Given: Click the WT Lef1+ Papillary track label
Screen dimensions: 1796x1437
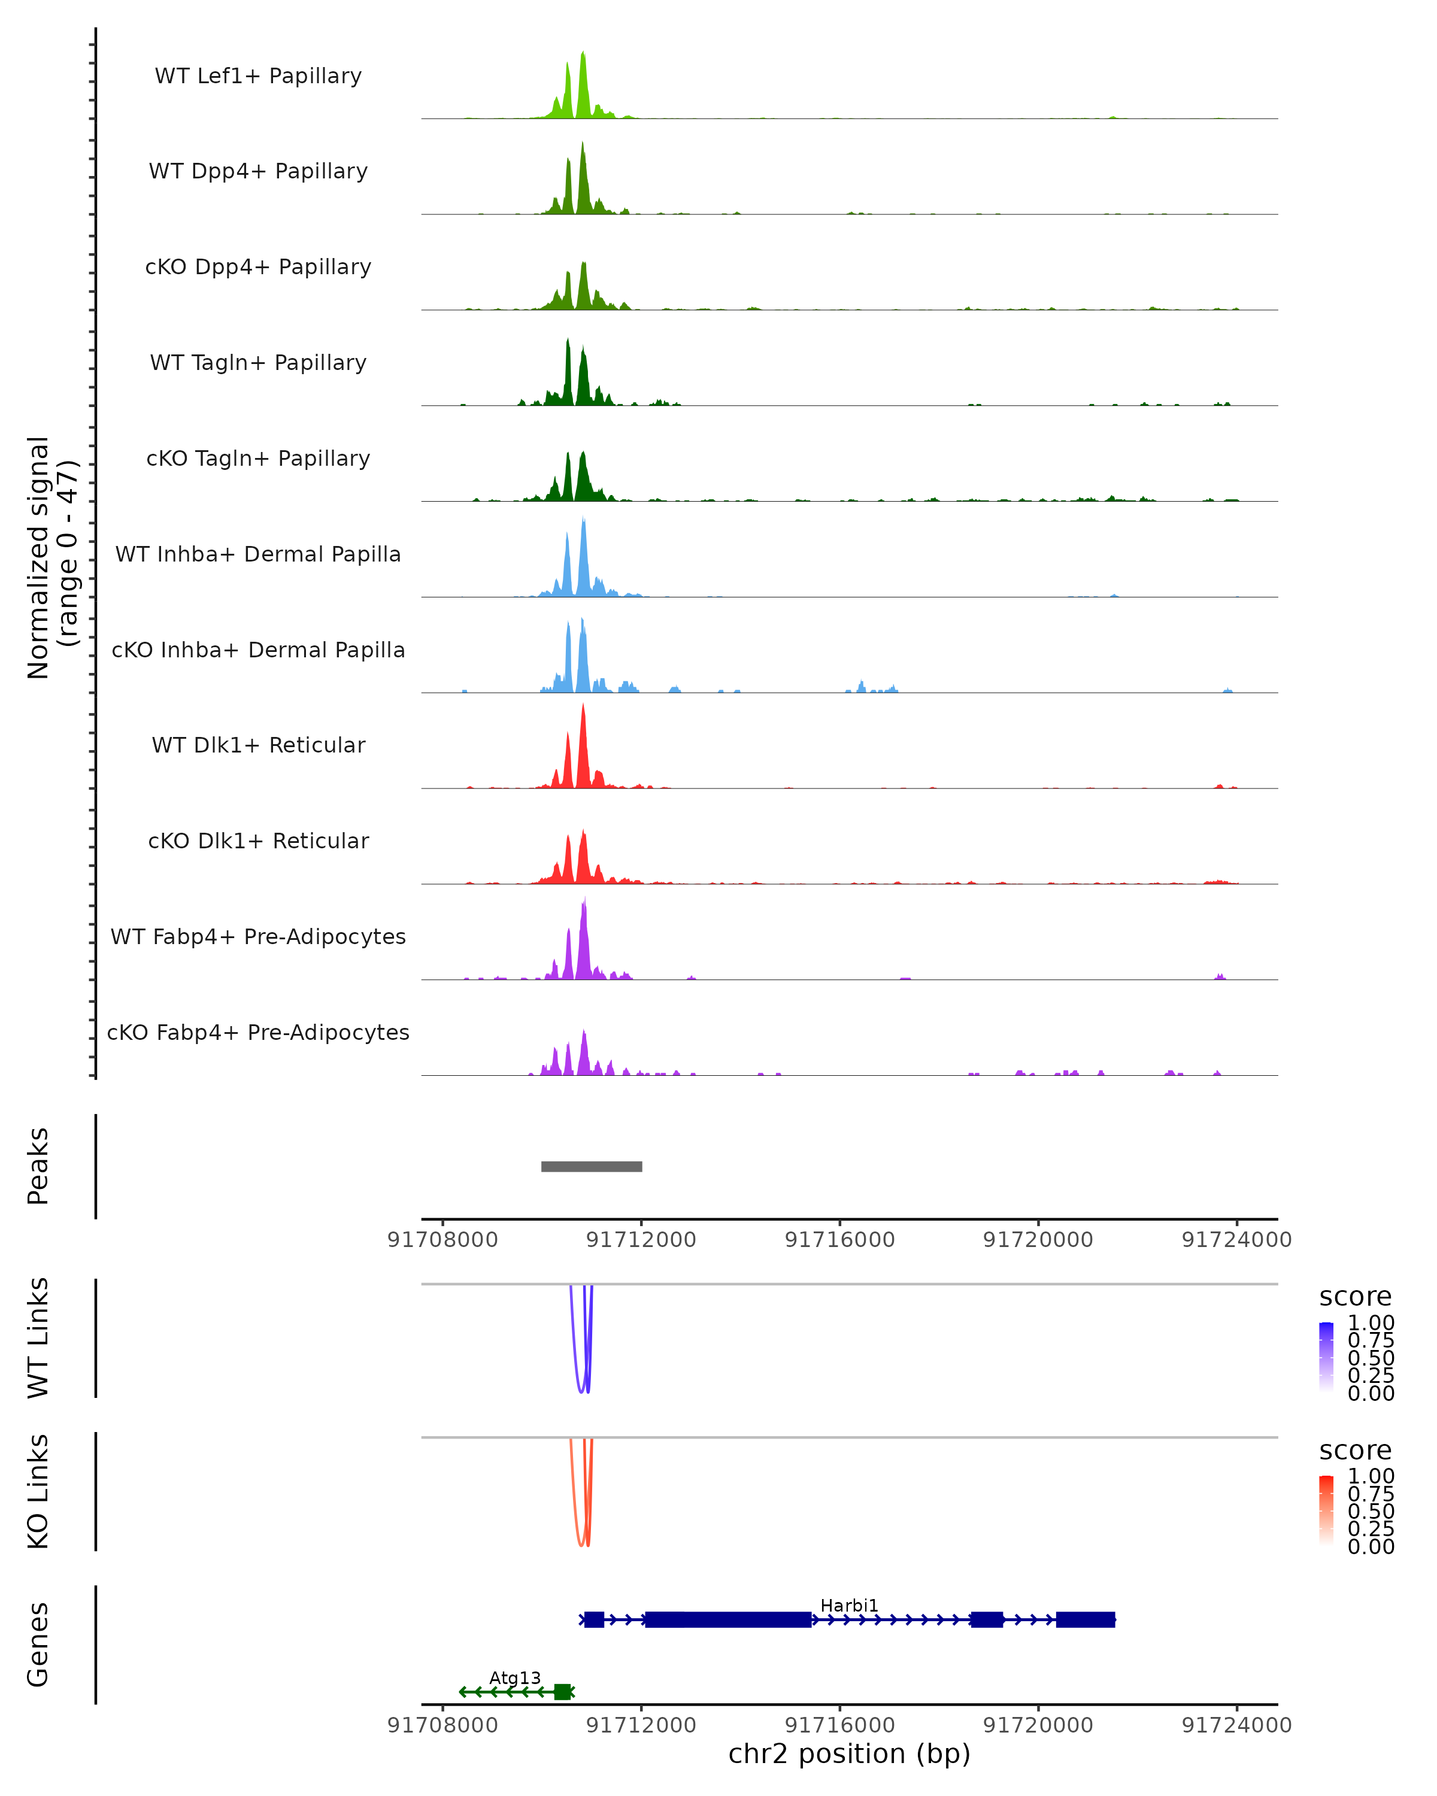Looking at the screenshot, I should point(258,76).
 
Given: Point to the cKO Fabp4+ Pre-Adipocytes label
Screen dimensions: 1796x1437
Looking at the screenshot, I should point(258,1032).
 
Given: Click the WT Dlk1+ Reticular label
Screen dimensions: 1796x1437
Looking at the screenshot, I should point(258,745).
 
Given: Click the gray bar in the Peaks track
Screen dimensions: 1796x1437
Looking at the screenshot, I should point(592,1166).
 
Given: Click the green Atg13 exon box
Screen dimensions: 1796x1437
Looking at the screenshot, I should point(562,1691).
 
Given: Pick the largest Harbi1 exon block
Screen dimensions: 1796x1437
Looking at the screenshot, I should point(728,1619).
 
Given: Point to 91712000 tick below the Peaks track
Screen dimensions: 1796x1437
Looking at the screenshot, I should point(641,1240).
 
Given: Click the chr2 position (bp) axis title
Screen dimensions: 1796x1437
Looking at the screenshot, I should point(849,1754).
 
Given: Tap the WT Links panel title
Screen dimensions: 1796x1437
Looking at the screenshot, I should point(38,1338).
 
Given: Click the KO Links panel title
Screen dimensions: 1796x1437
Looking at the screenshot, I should point(38,1491).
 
